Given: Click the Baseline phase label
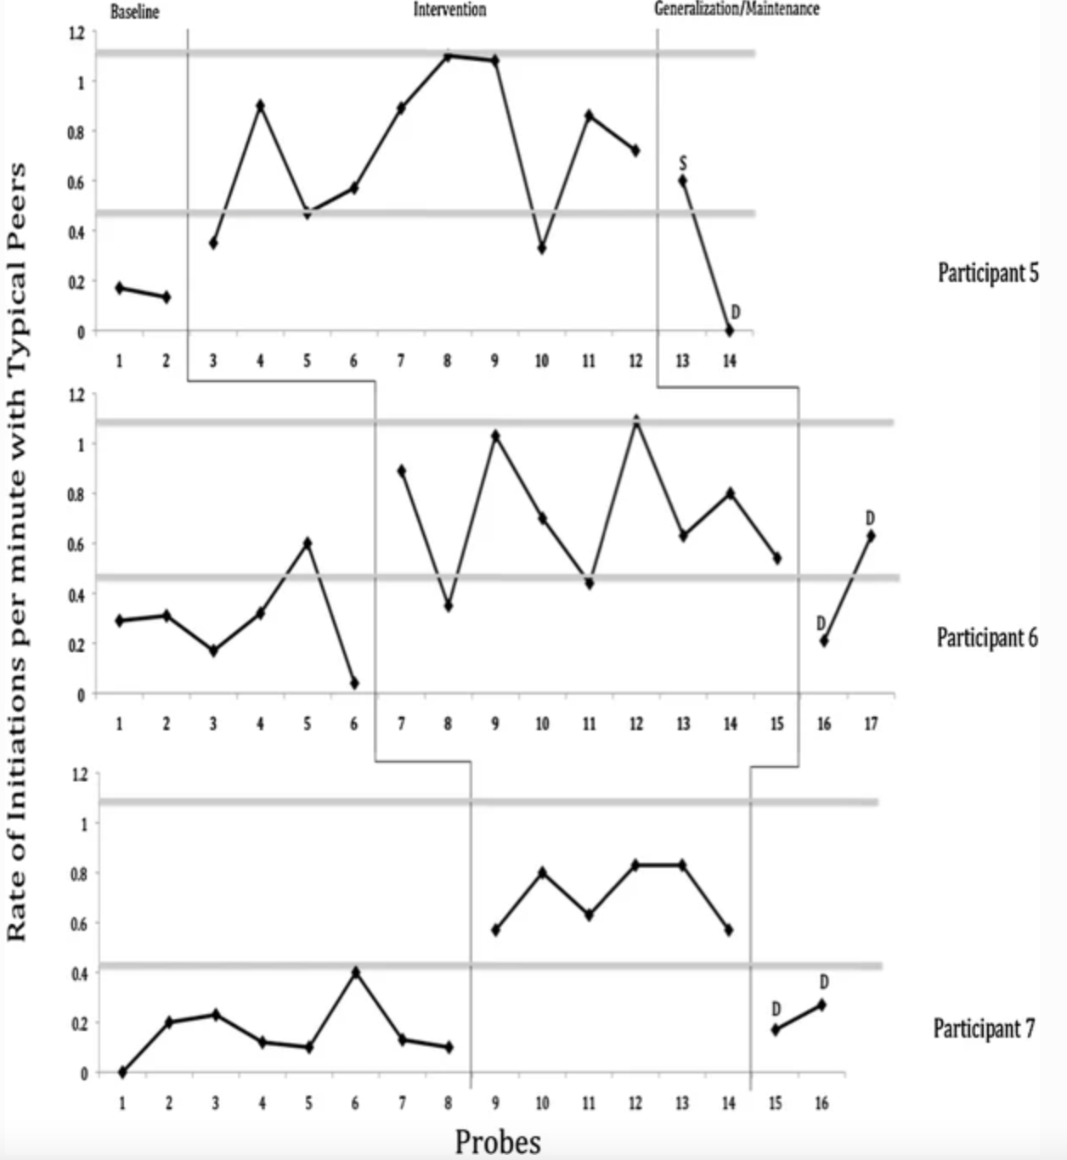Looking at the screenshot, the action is (x=135, y=12).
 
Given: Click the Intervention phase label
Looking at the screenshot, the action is (x=449, y=10).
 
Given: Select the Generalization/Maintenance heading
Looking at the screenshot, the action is (x=737, y=8).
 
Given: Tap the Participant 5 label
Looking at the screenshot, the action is (x=988, y=273).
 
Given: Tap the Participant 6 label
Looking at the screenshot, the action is (x=987, y=638).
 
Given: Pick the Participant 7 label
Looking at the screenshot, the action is (x=984, y=1028).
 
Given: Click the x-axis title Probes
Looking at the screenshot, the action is (x=498, y=1142).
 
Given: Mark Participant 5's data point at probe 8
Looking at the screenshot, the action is (x=448, y=57).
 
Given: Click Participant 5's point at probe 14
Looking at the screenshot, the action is (x=730, y=331).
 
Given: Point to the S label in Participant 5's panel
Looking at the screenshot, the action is (x=683, y=163).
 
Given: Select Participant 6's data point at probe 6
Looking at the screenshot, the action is (x=354, y=684).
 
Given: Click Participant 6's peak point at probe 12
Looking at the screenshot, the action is (x=636, y=420).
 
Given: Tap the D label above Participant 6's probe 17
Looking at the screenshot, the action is (x=870, y=518).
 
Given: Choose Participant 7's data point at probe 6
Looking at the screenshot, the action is (x=355, y=972).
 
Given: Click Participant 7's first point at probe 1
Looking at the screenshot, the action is (x=122, y=1072).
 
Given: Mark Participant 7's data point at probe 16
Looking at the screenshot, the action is (x=821, y=1005).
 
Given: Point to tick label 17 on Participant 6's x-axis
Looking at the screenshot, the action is (x=871, y=724).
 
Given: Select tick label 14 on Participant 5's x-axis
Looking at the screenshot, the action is (x=731, y=361).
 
